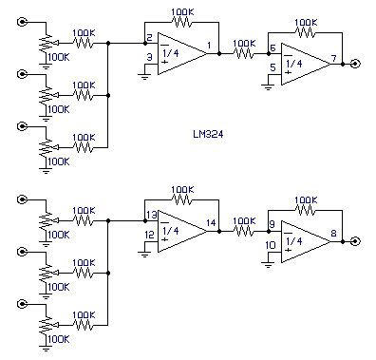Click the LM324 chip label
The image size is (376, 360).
point(208,134)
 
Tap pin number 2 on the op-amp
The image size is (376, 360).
point(149,38)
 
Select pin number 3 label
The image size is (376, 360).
point(149,57)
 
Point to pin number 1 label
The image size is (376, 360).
point(209,46)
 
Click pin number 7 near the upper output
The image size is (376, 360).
point(333,59)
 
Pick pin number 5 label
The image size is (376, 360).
point(273,67)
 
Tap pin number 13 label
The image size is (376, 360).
point(152,215)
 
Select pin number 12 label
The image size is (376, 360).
point(149,235)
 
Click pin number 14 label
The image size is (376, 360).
point(211,223)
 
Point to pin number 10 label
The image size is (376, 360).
point(271,245)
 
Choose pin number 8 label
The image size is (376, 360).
point(333,234)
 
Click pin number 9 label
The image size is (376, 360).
point(272,224)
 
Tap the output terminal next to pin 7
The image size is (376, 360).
point(356,64)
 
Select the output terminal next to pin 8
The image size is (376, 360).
point(356,241)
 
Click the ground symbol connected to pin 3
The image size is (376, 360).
point(144,76)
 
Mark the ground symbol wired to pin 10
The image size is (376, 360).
point(268,264)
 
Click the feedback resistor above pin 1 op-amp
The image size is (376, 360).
point(181,22)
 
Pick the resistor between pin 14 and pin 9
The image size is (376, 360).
point(243,232)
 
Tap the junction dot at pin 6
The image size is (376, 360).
point(269,54)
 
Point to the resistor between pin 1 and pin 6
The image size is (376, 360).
point(243,54)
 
